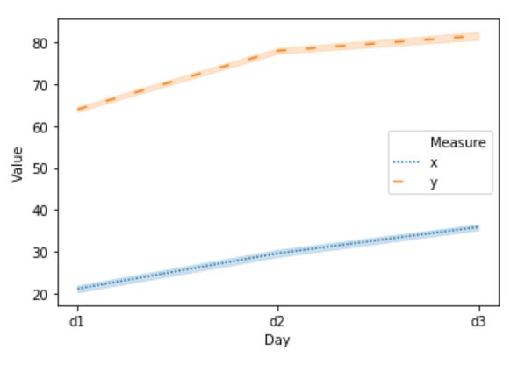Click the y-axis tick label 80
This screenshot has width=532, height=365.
(x=40, y=43)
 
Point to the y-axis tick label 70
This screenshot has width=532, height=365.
(x=40, y=85)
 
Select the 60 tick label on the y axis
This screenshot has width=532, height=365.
(x=40, y=127)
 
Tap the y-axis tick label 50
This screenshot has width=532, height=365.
(x=40, y=168)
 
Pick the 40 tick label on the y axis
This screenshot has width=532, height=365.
(x=40, y=211)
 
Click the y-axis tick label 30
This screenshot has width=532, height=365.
(x=40, y=253)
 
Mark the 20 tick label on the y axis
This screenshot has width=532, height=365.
(x=40, y=294)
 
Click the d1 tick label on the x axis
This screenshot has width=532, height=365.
(x=78, y=322)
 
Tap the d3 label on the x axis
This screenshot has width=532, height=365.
(x=478, y=322)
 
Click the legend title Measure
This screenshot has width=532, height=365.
(x=457, y=141)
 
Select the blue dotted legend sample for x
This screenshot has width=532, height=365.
(x=405, y=162)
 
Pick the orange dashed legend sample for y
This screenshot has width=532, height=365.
(x=405, y=182)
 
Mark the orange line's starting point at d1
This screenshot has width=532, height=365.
(x=78, y=110)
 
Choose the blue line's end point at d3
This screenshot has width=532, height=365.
(x=478, y=227)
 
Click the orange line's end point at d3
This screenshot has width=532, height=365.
(x=478, y=37)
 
